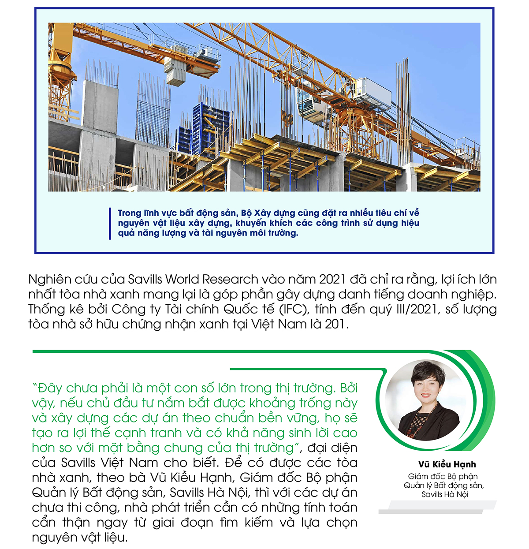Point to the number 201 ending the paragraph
click(336, 324)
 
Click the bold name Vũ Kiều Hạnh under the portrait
click(447, 464)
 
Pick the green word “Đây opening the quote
click(49, 388)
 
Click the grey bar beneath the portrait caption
click(436, 508)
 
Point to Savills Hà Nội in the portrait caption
click(444, 494)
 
